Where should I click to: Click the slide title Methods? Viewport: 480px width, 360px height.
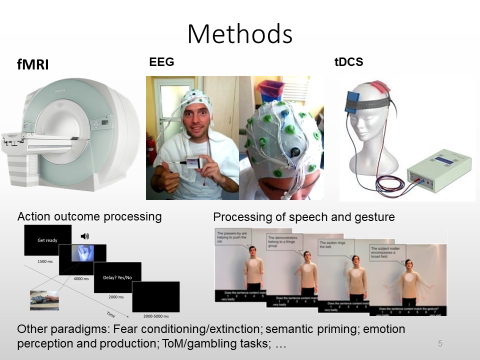pyautogui.click(x=240, y=34)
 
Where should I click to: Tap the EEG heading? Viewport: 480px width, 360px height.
pyautogui.click(x=161, y=62)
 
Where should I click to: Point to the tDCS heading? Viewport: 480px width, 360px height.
pyautogui.click(x=348, y=62)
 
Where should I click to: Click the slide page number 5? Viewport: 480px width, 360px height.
pyautogui.click(x=440, y=343)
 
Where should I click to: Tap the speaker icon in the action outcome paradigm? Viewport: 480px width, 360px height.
pyautogui.click(x=84, y=236)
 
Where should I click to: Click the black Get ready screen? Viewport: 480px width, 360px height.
pyautogui.click(x=47, y=240)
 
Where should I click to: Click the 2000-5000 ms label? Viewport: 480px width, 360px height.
pyautogui.click(x=155, y=316)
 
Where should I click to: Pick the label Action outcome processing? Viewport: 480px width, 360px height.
pyautogui.click(x=89, y=216)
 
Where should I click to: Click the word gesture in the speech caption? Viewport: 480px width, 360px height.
pyautogui.click(x=374, y=217)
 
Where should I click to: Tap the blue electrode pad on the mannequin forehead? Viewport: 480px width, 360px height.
pyautogui.click(x=355, y=102)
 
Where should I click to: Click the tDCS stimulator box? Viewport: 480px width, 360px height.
pyautogui.click(x=439, y=170)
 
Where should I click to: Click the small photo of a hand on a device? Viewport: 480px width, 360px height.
pyautogui.click(x=44, y=300)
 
